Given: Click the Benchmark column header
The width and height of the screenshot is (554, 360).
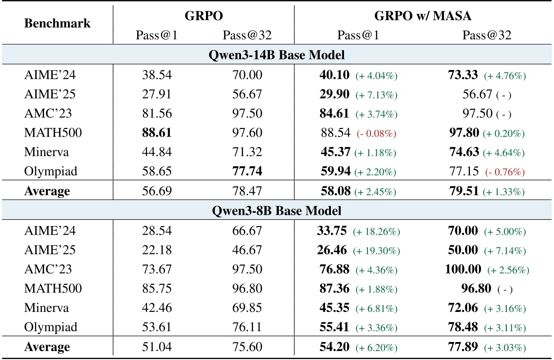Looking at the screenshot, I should [x=57, y=23].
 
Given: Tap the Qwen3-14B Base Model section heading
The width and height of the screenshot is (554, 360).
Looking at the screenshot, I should [x=277, y=56].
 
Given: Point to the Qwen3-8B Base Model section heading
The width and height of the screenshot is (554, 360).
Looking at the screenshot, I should [x=277, y=211].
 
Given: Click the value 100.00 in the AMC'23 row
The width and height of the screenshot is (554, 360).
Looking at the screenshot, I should [x=463, y=270].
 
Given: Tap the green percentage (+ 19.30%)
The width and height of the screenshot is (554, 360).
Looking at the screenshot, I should [x=376, y=251].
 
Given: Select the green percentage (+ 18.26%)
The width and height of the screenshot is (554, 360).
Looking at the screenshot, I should [x=376, y=231].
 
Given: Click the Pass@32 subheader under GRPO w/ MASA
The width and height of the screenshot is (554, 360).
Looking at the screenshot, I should [x=487, y=36].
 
